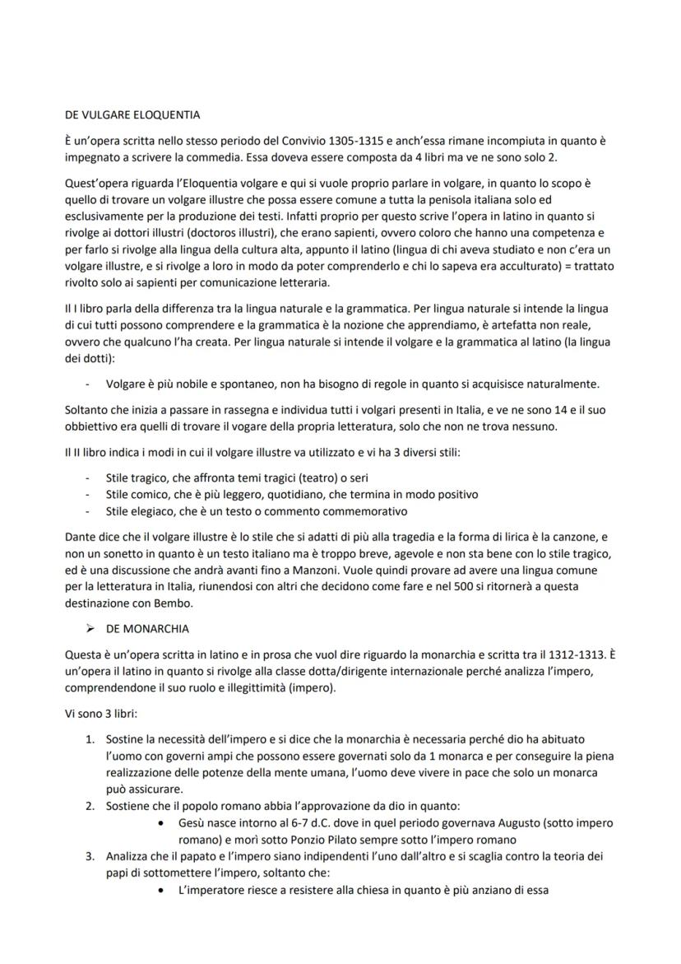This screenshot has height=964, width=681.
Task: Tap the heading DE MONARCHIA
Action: pyautogui.click(x=147, y=629)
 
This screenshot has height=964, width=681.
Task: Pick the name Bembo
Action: pyautogui.click(x=180, y=603)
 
